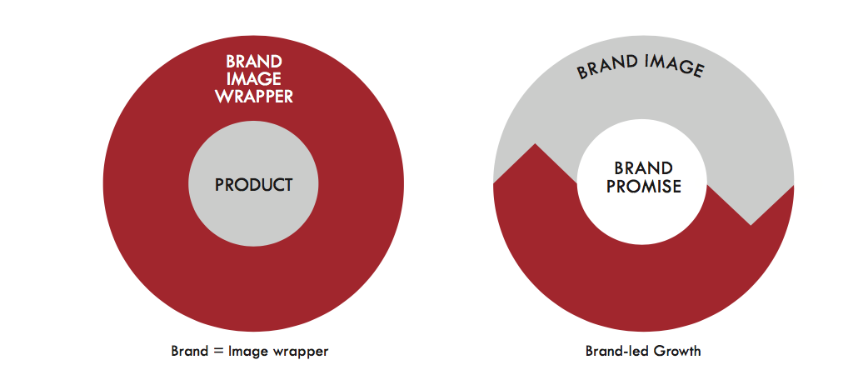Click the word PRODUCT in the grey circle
coord(254,185)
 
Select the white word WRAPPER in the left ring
coord(254,96)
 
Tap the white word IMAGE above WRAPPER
coord(254,79)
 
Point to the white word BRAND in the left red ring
coord(254,62)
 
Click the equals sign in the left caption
coord(217,352)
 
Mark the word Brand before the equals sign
coord(190,351)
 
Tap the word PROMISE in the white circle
coord(644,187)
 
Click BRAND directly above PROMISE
coord(644,168)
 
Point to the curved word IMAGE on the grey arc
coord(675,66)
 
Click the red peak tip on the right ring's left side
coord(535,143)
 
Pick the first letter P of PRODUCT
coord(219,185)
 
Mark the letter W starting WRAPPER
coord(222,96)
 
